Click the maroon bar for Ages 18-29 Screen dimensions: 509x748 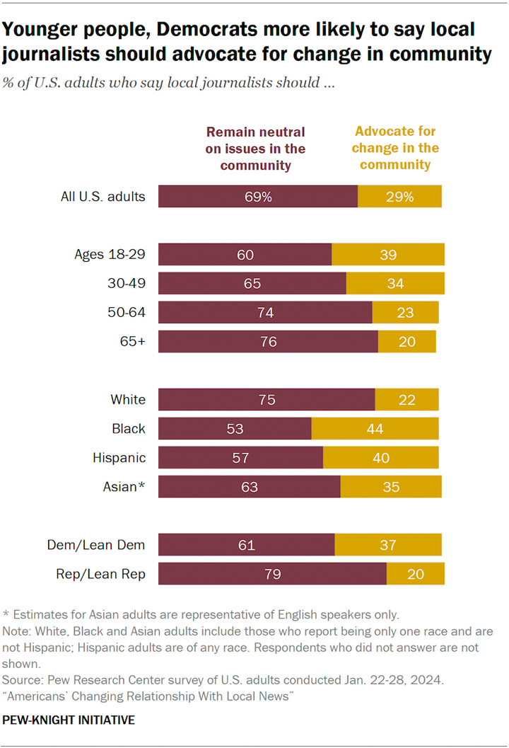click(245, 254)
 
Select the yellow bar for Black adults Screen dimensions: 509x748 click(375, 428)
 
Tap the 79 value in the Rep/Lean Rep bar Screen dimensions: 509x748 click(273, 574)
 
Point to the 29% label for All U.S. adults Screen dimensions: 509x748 click(400, 197)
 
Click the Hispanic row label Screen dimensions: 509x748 click(119, 458)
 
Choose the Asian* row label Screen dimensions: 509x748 click(124, 487)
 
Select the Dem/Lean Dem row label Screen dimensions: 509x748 click(96, 545)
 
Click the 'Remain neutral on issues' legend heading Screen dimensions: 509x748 click(255, 149)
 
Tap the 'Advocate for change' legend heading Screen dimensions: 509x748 click(396, 148)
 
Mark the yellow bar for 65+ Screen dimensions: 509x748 click(407, 342)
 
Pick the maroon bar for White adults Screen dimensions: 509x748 click(267, 399)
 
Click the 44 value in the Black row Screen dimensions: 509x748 click(375, 429)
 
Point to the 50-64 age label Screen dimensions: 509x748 click(127, 313)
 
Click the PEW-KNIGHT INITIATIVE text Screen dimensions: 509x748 click(69, 720)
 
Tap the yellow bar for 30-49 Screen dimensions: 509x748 click(396, 283)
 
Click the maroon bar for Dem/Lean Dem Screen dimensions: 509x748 click(247, 545)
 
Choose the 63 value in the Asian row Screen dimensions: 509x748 click(250, 487)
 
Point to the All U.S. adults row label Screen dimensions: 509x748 click(103, 197)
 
